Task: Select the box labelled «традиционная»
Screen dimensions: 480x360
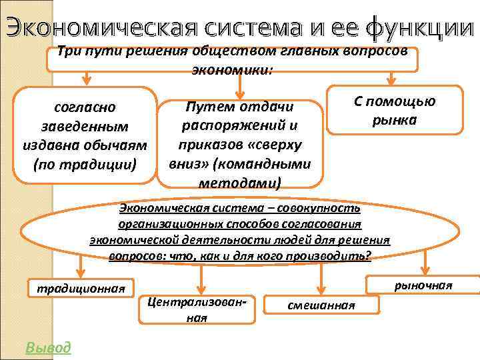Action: (x=80, y=289)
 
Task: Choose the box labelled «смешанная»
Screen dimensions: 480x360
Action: (x=321, y=305)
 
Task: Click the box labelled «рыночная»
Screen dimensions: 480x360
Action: (x=423, y=285)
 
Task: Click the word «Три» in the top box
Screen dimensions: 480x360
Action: (x=69, y=51)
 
